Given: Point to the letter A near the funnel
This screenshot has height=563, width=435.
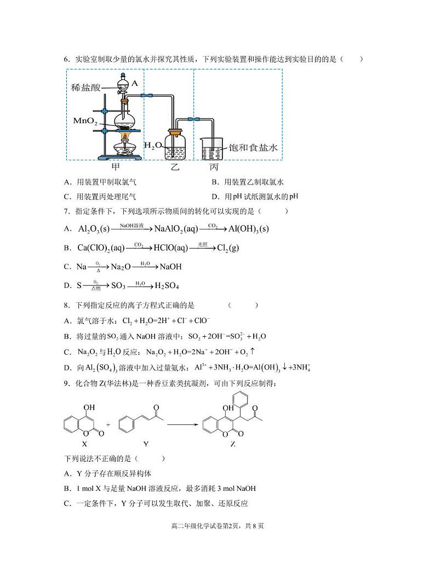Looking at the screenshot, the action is [x=135, y=83].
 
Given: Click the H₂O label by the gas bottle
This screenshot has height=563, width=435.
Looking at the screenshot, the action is [x=153, y=145].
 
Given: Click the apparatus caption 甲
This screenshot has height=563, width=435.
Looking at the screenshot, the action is [x=116, y=166].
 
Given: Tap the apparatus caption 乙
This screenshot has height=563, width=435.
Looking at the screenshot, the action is [x=175, y=167].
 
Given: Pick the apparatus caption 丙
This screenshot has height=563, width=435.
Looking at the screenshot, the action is [x=214, y=167].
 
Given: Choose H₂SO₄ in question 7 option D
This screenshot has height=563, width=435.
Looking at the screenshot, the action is [x=167, y=286].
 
